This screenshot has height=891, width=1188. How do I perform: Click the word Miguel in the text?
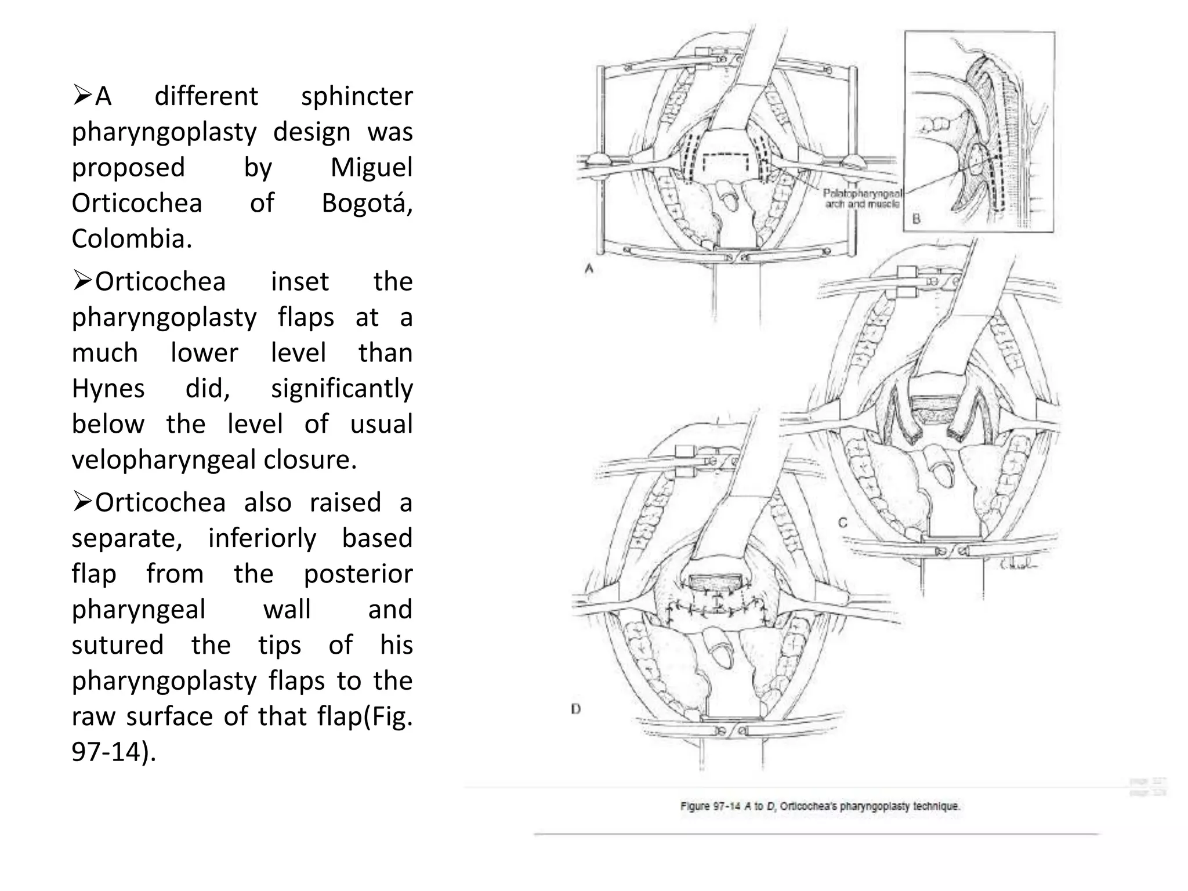click(371, 168)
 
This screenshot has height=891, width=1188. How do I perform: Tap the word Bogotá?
click(367, 204)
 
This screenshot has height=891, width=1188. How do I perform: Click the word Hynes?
click(108, 389)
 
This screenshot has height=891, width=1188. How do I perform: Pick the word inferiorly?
click(262, 538)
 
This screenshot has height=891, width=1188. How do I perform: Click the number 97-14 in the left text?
click(110, 752)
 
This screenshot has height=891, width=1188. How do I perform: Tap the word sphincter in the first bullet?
click(356, 96)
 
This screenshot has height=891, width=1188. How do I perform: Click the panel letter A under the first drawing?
click(589, 269)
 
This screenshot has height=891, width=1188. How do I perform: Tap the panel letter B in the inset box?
click(917, 219)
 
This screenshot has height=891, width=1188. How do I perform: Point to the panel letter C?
click(843, 523)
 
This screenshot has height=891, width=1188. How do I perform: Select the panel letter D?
click(575, 709)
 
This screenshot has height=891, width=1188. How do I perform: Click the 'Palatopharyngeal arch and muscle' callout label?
click(863, 198)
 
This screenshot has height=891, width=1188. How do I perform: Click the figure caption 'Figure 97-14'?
click(820, 806)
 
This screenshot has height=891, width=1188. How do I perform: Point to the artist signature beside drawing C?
click(1017, 563)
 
